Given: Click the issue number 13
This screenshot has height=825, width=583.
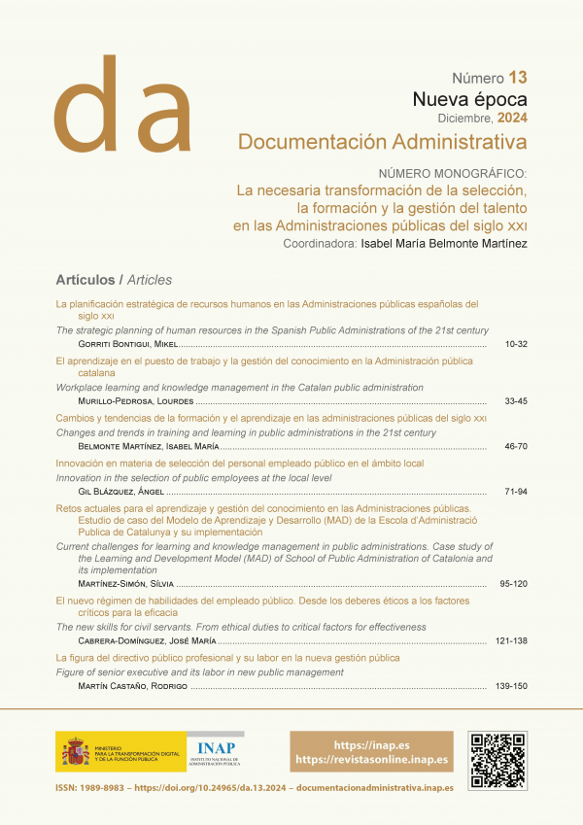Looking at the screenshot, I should click(x=517, y=78).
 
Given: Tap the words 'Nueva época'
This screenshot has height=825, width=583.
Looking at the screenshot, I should click(x=469, y=99).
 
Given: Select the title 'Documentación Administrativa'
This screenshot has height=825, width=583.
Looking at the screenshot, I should click(x=382, y=143).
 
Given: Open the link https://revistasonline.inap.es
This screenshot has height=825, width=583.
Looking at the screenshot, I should click(x=371, y=759).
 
